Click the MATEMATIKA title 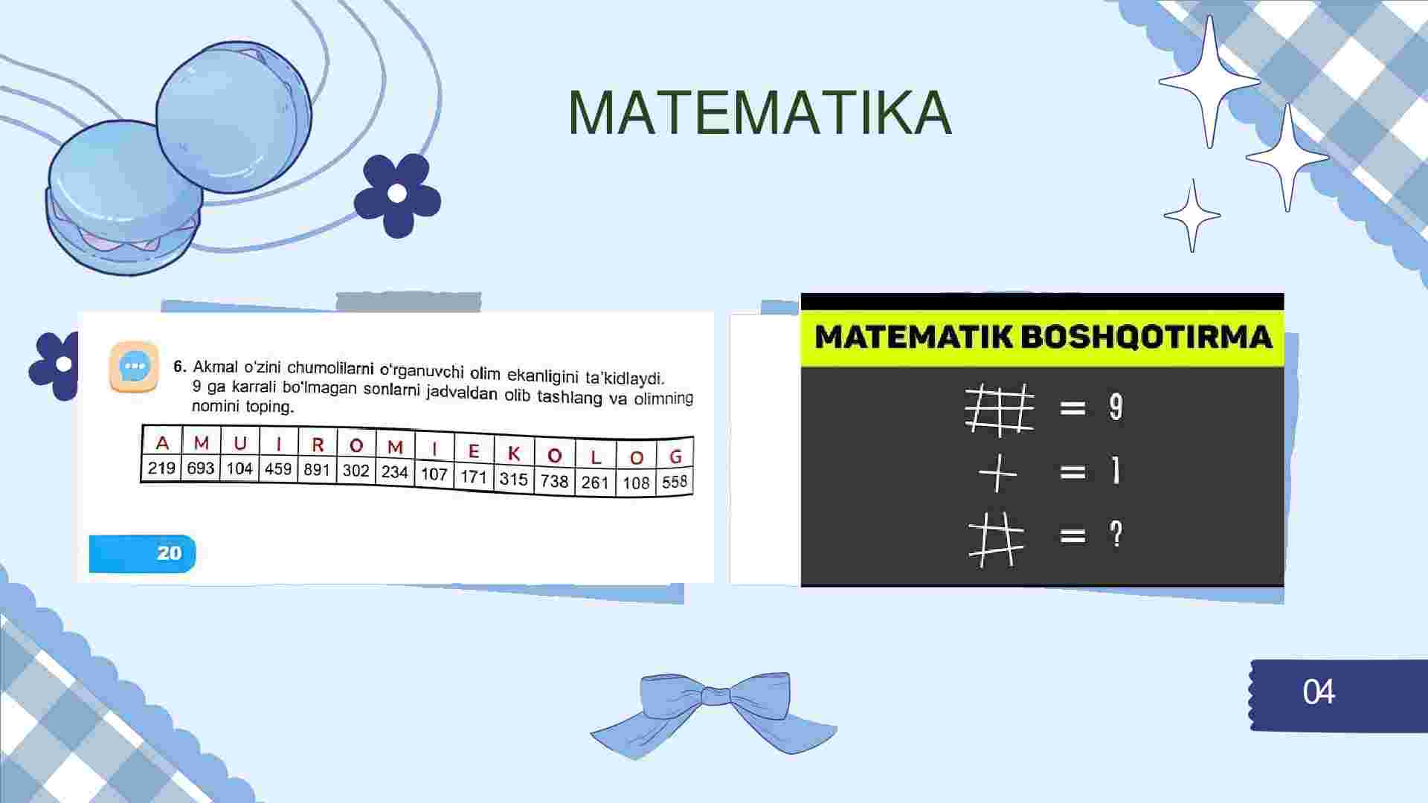(759, 113)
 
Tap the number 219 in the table (161, 468)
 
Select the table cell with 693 (201, 468)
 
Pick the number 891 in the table (317, 470)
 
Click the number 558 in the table (675, 482)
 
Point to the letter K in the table (513, 454)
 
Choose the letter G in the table (675, 457)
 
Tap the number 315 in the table (513, 478)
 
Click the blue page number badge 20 (143, 553)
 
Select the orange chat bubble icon (135, 367)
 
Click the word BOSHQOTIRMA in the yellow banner (1145, 337)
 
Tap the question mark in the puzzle (1116, 534)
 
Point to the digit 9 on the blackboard (1116, 407)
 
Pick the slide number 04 (1319, 692)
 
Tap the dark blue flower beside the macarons (397, 195)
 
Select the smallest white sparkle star (1192, 216)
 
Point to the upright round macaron (234, 119)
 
